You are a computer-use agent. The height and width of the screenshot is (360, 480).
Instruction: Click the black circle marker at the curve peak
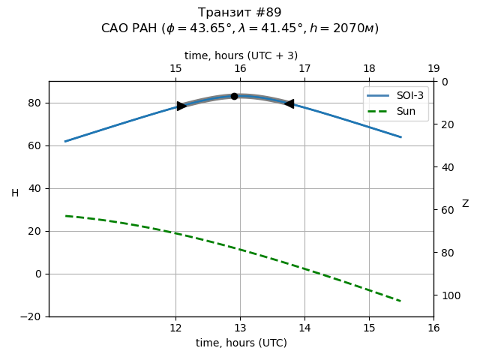click(x=234, y=96)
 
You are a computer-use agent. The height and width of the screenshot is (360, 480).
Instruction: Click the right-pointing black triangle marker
click(x=181, y=106)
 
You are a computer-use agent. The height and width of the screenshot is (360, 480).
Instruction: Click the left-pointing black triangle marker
click(x=289, y=103)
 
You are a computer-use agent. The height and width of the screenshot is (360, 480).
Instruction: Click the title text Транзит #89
click(x=240, y=13)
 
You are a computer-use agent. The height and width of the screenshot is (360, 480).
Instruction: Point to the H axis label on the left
click(x=15, y=193)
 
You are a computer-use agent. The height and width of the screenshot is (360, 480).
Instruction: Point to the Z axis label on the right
click(x=465, y=204)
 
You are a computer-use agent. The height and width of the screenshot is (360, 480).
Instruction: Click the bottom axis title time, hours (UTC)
click(x=241, y=343)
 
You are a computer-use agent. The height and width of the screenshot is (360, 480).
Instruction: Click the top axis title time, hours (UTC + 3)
click(x=241, y=55)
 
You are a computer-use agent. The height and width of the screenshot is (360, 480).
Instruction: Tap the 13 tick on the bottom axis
click(x=240, y=328)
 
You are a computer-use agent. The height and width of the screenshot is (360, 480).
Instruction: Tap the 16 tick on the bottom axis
click(x=433, y=328)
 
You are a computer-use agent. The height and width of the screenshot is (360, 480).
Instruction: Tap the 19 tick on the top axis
click(x=433, y=69)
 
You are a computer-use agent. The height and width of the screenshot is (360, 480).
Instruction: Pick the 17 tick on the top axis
click(x=304, y=69)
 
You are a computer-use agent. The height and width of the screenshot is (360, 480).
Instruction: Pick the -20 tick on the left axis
click(x=34, y=316)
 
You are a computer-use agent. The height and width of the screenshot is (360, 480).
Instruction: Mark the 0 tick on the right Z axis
click(x=442, y=82)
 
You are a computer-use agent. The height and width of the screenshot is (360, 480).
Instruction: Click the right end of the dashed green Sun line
click(x=401, y=301)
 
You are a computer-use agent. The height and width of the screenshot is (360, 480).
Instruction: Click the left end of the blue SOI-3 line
click(x=65, y=141)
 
